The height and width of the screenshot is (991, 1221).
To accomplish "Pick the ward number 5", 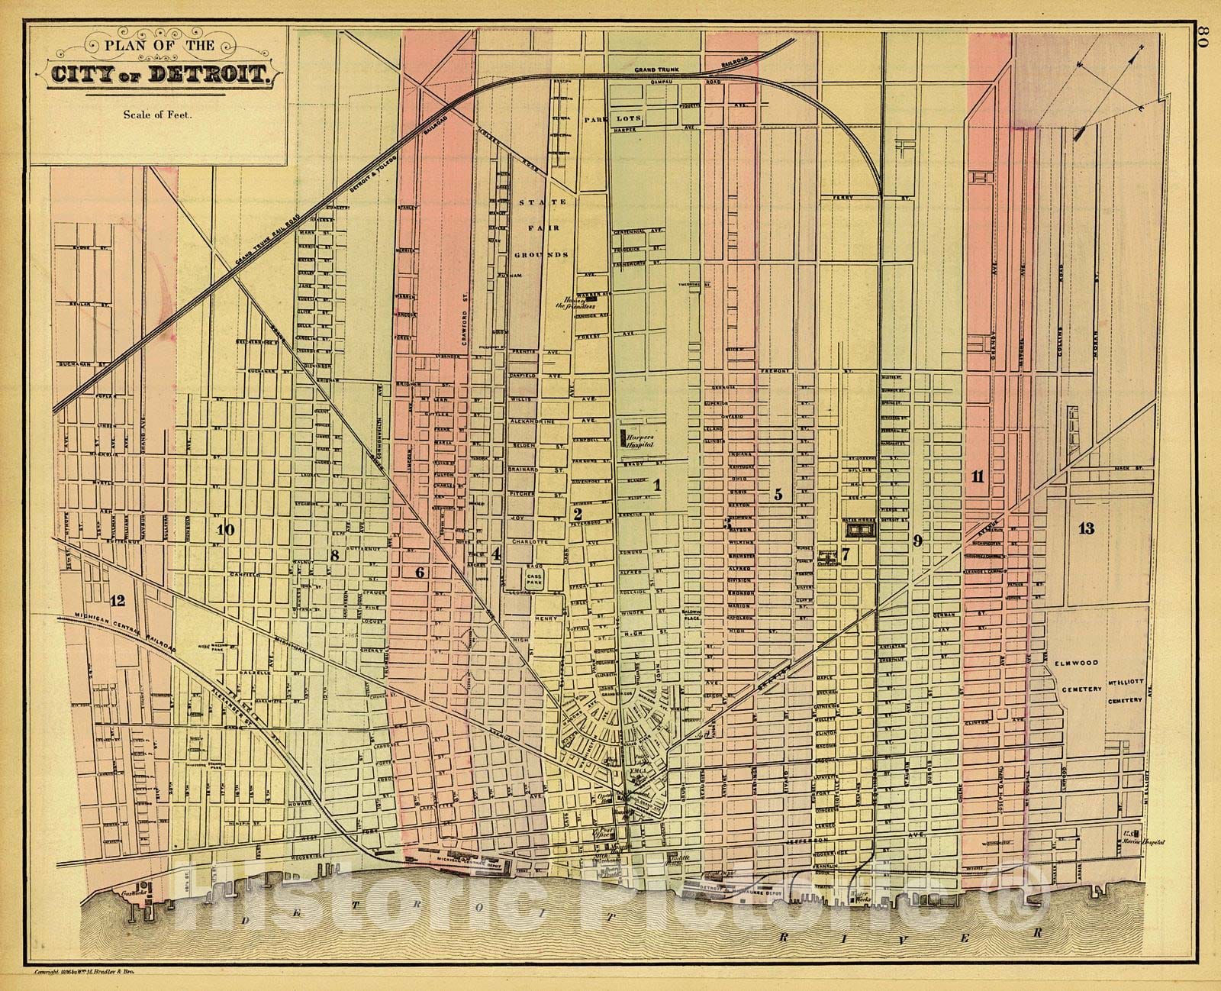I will pos(778,494).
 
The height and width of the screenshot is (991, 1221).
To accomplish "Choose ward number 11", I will pos(978,477).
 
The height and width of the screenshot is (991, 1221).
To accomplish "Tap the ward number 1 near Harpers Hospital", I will pos(655,483).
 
